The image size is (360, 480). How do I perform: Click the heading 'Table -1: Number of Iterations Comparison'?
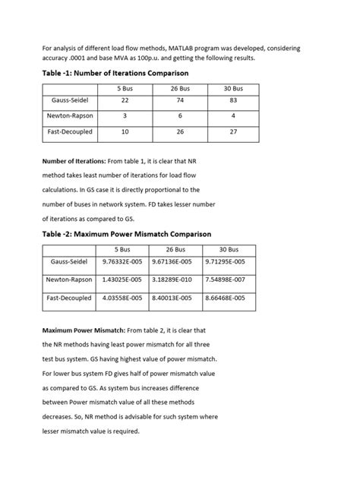[114, 73]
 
